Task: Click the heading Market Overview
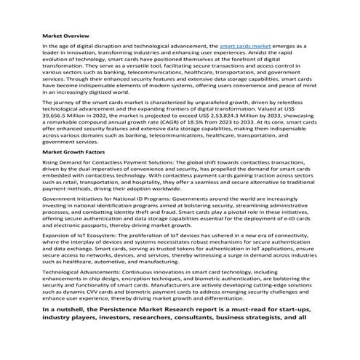[67, 35]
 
